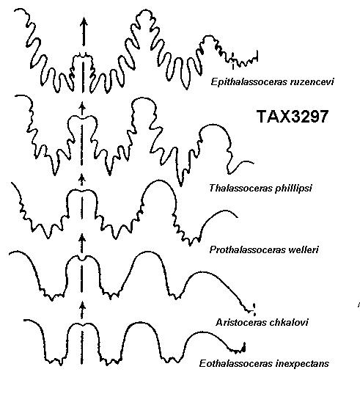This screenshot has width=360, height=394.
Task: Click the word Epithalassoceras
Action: click(x=249, y=82)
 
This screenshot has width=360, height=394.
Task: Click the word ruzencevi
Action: click(x=312, y=82)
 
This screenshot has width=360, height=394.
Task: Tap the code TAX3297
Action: click(x=293, y=117)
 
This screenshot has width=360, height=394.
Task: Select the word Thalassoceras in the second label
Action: click(x=240, y=188)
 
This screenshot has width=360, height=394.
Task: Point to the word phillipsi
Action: click(x=293, y=189)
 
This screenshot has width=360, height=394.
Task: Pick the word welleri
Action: click(x=304, y=249)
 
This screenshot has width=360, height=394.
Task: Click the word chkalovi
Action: click(x=289, y=322)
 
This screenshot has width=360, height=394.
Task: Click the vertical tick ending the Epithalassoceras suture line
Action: click(x=257, y=56)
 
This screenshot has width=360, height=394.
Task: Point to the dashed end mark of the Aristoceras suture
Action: click(x=254, y=310)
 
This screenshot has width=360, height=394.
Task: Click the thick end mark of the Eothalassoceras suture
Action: click(x=244, y=347)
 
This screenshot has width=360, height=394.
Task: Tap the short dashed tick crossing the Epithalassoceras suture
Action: click(x=233, y=61)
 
